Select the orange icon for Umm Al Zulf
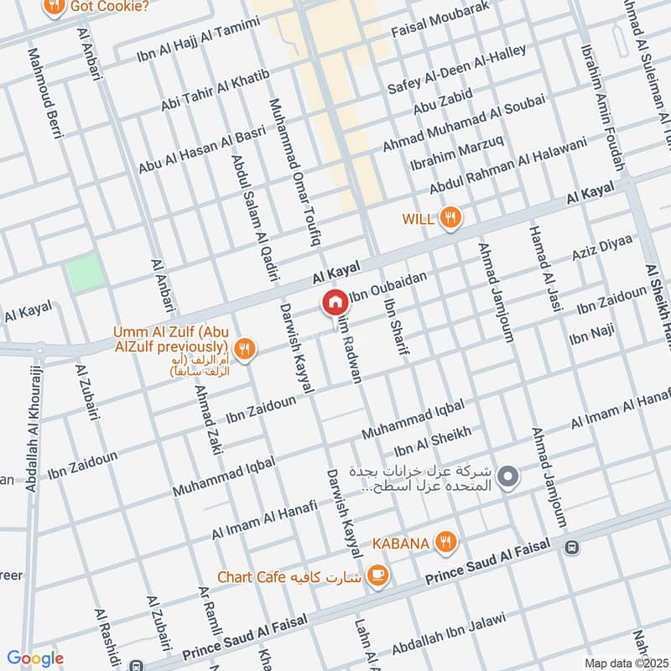click(x=244, y=350)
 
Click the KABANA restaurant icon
click(x=446, y=544)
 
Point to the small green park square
click(x=86, y=273)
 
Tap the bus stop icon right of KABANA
click(x=572, y=547)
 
